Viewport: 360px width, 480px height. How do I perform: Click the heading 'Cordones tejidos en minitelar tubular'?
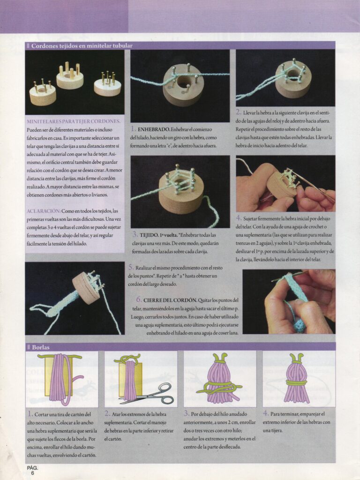click(82, 46)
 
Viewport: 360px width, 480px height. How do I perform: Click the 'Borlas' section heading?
click(41, 347)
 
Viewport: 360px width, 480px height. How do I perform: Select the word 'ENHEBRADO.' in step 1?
click(153, 129)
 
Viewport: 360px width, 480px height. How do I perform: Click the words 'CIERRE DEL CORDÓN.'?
click(170, 300)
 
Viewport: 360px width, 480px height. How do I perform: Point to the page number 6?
click(32, 473)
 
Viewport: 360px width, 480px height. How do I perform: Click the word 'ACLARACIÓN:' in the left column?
click(44, 211)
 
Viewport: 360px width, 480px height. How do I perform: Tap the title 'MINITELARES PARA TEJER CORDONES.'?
click(74, 121)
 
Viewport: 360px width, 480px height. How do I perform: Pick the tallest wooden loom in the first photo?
click(70, 76)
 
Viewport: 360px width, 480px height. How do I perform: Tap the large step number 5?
click(131, 267)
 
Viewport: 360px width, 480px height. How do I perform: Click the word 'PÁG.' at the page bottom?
click(32, 468)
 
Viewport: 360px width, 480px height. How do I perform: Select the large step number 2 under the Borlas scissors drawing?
click(107, 413)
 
